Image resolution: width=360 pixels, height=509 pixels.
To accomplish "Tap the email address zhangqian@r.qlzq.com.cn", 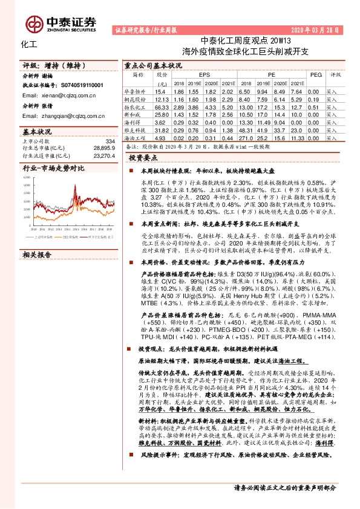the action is [x=67, y=114].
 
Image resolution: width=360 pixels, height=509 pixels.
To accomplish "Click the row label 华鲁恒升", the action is [x=139, y=91].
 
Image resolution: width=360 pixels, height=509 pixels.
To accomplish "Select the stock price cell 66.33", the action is [x=162, y=106].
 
